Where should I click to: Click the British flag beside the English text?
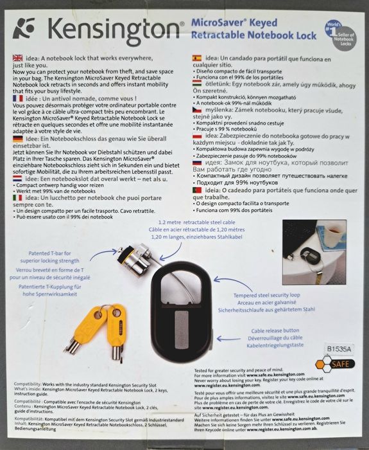tap(17, 58)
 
